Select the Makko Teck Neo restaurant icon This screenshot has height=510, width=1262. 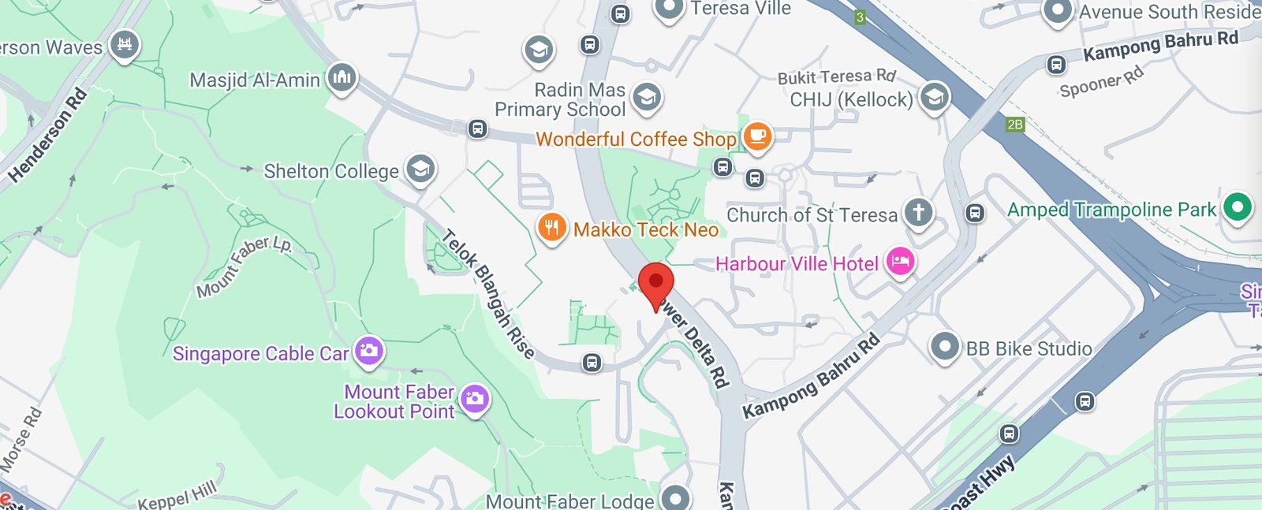(x=551, y=228)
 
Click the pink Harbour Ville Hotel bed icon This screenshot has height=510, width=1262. (x=900, y=262)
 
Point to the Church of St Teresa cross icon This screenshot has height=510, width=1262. (x=918, y=211)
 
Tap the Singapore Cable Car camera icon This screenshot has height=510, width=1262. (x=368, y=351)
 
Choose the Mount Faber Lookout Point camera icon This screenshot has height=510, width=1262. (x=474, y=400)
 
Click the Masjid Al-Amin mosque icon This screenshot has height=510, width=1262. (x=341, y=77)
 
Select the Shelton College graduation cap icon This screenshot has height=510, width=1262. (x=420, y=169)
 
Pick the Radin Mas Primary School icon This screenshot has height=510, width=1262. (x=647, y=98)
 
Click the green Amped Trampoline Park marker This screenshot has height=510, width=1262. (x=1237, y=207)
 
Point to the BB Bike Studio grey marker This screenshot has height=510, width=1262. (x=944, y=347)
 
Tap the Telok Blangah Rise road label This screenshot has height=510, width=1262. (x=488, y=293)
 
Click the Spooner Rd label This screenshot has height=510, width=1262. (x=1101, y=83)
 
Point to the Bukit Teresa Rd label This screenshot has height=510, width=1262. (x=836, y=76)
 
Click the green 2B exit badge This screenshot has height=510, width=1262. (x=1015, y=125)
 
